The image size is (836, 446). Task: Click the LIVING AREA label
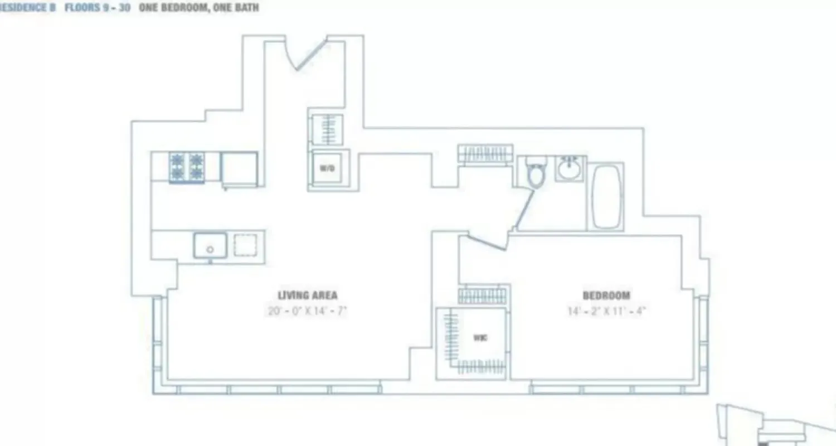307,295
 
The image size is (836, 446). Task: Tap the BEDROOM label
606,295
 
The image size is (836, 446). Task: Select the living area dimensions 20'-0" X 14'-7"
307,311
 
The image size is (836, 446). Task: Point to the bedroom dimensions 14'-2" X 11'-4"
606,311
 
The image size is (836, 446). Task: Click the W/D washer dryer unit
327,168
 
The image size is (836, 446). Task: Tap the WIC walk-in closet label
480,338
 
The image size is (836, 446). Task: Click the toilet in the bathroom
536,173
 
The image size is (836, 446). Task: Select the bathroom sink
569,168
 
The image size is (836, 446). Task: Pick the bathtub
606,196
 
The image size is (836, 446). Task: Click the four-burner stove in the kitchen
187,167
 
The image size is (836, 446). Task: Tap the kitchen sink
210,245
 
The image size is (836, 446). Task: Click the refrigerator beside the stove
239,168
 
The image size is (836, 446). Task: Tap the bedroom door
486,241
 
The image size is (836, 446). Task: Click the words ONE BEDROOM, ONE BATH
198,8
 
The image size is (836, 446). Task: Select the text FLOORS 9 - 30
98,8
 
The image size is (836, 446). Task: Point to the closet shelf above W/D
327,129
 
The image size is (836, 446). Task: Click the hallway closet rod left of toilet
485,153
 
